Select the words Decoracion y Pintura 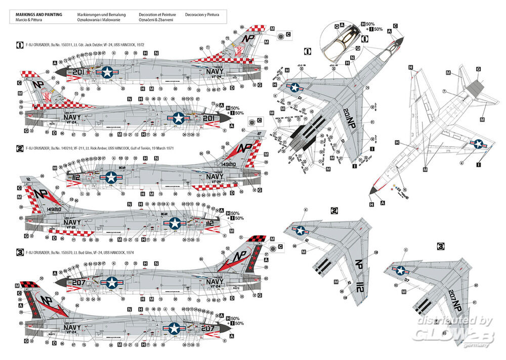[x=202, y=15]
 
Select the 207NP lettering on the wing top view [x=461, y=293]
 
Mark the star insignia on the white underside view [x=478, y=144]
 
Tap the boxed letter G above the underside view [x=478, y=69]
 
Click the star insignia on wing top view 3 [x=401, y=271]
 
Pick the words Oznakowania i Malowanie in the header [x=99, y=20]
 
